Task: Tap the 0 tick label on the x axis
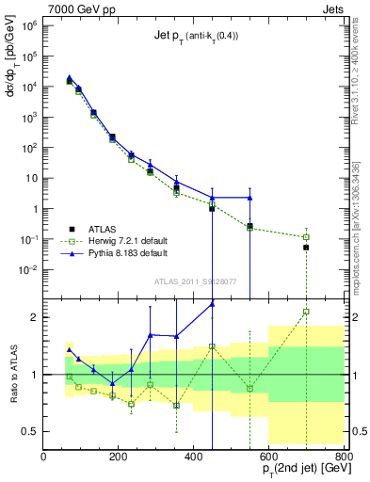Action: coord(43,457)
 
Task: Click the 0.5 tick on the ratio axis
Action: coord(30,431)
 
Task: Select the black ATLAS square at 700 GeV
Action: coord(306,248)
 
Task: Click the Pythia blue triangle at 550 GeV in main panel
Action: coord(249,198)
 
